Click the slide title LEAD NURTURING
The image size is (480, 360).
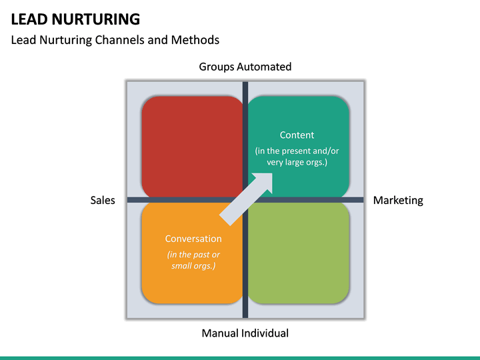click(x=75, y=19)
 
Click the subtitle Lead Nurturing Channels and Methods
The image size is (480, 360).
click(x=115, y=40)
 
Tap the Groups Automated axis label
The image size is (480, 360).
click(x=245, y=67)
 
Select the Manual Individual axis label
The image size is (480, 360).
click(x=245, y=333)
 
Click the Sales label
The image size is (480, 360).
click(x=103, y=200)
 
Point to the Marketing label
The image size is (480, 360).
click(x=398, y=200)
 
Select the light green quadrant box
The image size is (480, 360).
click(x=299, y=253)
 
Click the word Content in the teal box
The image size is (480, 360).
click(x=297, y=135)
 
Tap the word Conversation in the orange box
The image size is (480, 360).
click(x=193, y=239)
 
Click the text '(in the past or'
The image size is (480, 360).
click(x=193, y=255)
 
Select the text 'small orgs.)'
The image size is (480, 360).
click(x=193, y=266)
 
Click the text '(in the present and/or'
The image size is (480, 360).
click(x=297, y=151)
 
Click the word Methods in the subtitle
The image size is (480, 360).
click(x=197, y=40)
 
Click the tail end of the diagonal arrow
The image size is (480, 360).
click(x=227, y=218)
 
